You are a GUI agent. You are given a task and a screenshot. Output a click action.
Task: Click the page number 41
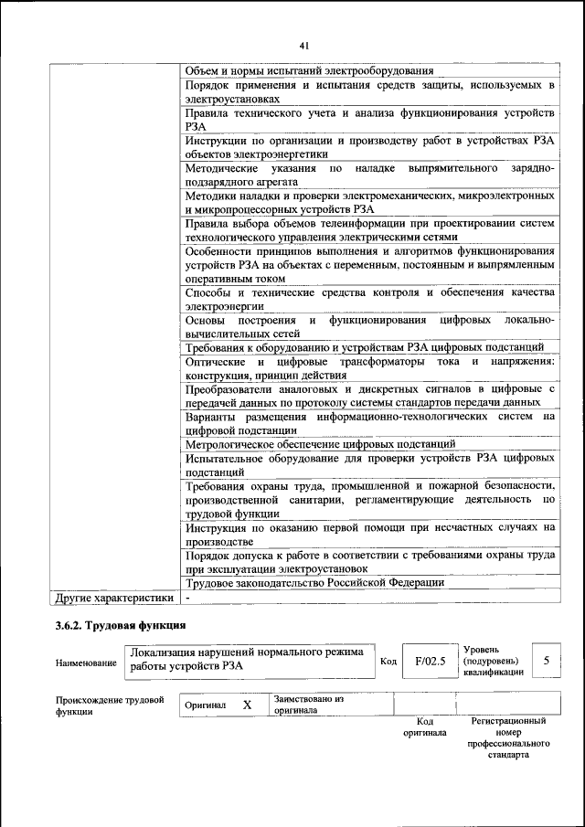303,43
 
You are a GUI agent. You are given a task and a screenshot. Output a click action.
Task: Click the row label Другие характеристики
114,598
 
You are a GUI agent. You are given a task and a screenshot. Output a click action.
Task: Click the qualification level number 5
547,660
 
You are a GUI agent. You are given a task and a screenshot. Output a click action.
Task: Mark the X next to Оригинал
247,705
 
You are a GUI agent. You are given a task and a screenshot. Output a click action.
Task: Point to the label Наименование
86,663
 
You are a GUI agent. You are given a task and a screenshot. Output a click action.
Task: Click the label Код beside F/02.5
388,662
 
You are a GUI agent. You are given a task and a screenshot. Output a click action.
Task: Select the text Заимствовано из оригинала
308,705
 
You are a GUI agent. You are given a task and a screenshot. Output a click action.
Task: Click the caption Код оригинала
424,726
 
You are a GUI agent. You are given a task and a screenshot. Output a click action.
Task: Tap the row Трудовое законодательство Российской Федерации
314,582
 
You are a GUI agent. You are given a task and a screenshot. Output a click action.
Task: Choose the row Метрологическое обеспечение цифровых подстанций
320,444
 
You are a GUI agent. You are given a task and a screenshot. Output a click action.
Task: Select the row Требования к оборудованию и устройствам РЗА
365,347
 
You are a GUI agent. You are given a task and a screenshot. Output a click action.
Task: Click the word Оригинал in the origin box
205,705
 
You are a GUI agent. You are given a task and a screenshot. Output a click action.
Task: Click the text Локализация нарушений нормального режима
247,652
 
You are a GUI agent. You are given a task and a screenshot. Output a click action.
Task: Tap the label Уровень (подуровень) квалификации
493,660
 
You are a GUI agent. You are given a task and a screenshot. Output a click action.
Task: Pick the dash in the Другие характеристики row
187,598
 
